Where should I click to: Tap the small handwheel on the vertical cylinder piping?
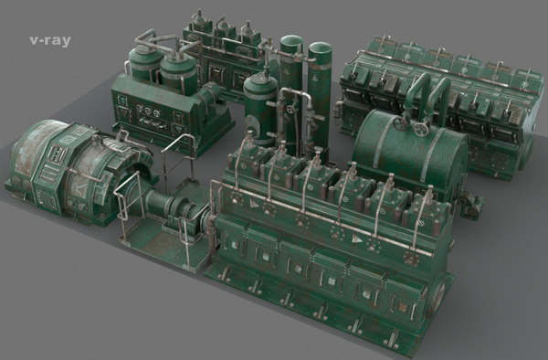(x=291, y=112)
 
